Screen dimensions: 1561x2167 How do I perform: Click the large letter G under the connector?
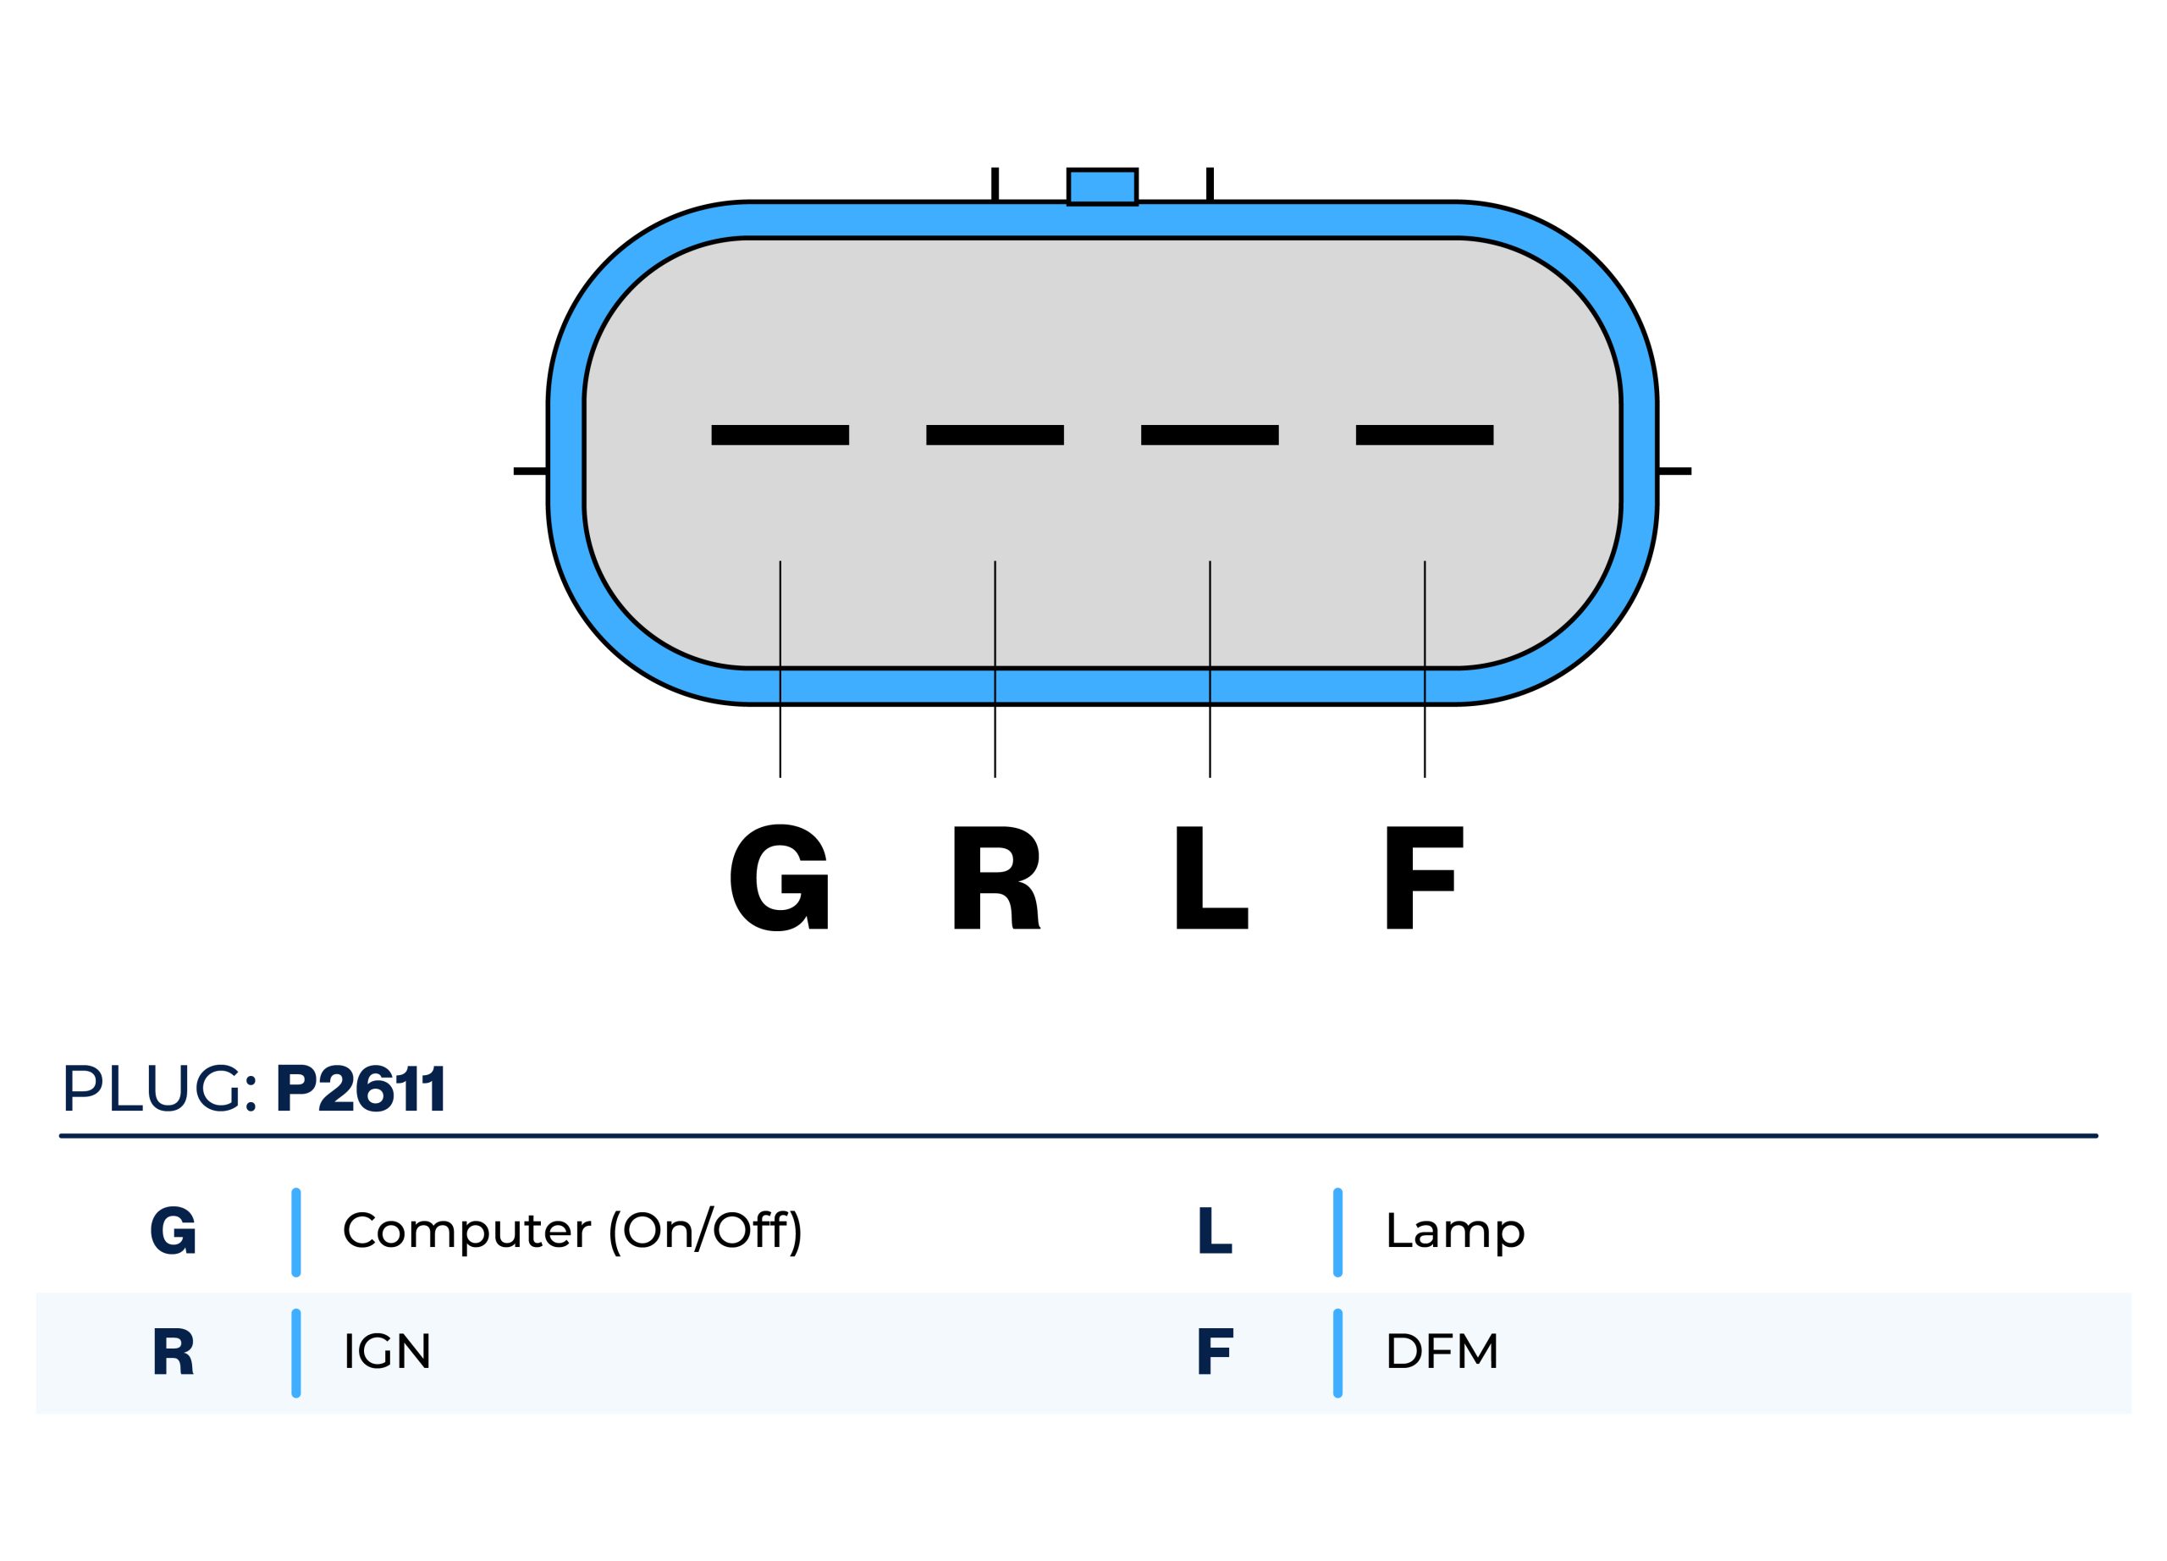[779, 877]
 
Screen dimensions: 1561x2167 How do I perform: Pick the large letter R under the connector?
[995, 877]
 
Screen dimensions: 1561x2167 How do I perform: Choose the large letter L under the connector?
[1210, 877]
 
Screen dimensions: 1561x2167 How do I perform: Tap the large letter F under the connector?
[1424, 877]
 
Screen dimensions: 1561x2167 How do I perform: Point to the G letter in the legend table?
[173, 1231]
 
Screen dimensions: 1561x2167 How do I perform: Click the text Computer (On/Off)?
[572, 1231]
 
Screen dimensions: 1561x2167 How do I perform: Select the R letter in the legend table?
[173, 1352]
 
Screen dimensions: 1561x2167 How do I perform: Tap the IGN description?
[387, 1352]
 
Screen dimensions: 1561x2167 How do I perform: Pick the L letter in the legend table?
[1214, 1231]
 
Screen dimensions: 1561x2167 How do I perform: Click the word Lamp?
[1454, 1231]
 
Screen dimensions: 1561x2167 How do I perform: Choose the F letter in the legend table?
[1215, 1352]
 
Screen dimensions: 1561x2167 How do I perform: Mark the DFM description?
[1441, 1352]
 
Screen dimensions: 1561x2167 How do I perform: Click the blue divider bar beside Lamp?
[1337, 1232]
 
